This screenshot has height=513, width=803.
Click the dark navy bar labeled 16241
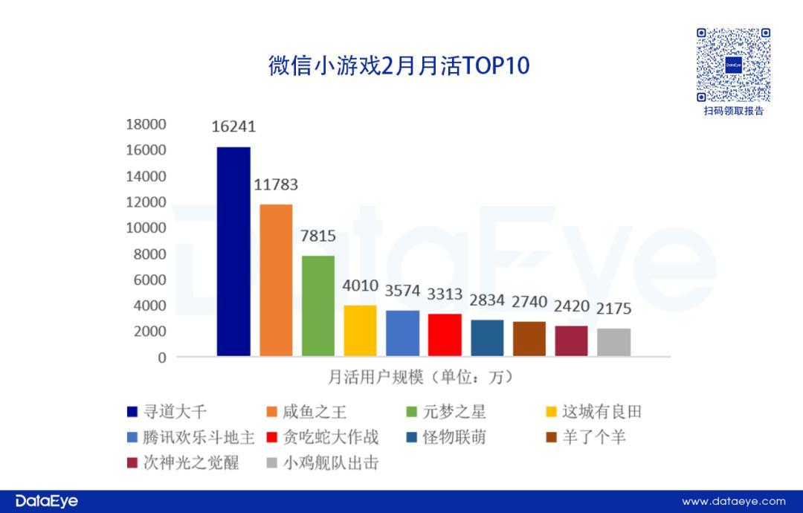pyautogui.click(x=233, y=252)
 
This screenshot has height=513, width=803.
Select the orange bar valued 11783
pyautogui.click(x=275, y=280)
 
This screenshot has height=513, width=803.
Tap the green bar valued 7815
pyautogui.click(x=317, y=306)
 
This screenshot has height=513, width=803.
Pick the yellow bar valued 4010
pyautogui.click(x=360, y=331)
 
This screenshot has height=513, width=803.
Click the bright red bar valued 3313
pyautogui.click(x=445, y=335)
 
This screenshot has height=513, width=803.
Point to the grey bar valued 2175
pyautogui.click(x=613, y=343)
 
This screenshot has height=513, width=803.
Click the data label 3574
pyautogui.click(x=402, y=288)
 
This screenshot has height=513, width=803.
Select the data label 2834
pyautogui.click(x=487, y=300)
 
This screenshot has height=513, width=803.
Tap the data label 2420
pyautogui.click(x=571, y=306)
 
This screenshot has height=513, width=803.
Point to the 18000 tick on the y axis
pyautogui.click(x=146, y=124)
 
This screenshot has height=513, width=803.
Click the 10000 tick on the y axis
pyautogui.click(x=146, y=228)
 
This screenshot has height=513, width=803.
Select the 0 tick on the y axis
pyautogui.click(x=162, y=358)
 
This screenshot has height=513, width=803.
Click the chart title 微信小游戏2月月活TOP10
pyautogui.click(x=399, y=65)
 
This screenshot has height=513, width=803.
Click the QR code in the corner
pyautogui.click(x=733, y=65)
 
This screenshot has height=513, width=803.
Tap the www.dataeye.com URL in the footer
pyautogui.click(x=733, y=501)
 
